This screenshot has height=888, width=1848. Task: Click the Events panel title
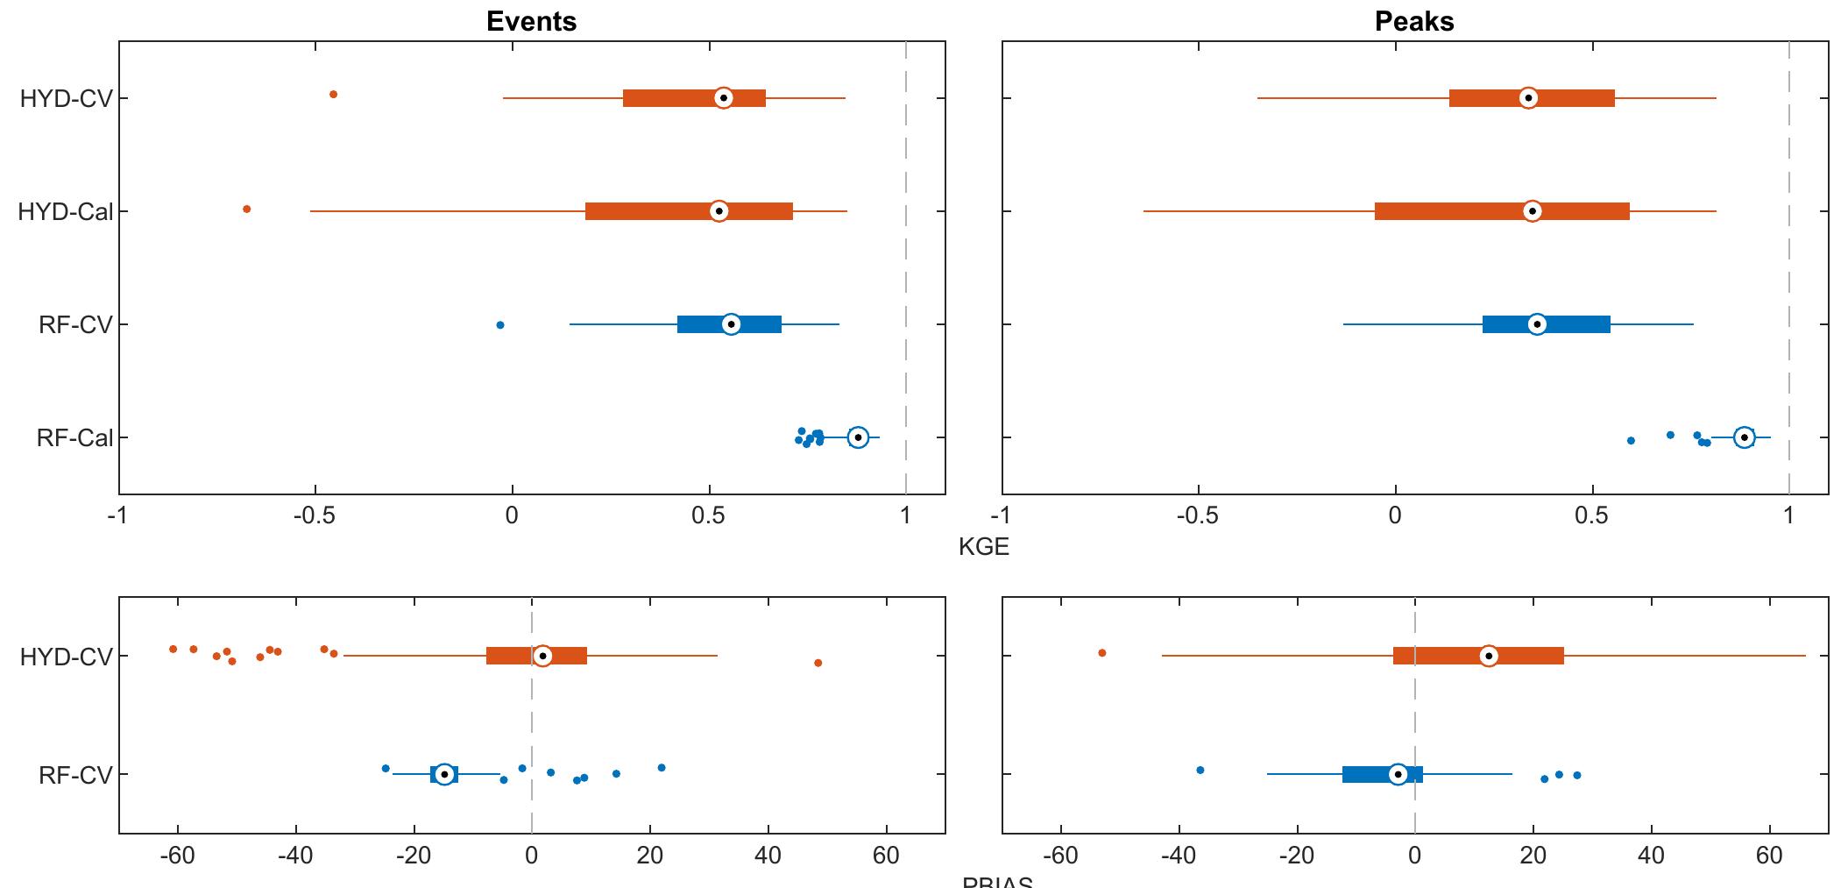[531, 21]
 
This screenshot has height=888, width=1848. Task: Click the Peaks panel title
[1414, 21]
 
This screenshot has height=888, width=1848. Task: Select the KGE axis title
[983, 547]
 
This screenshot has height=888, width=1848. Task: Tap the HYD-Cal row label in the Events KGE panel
[66, 212]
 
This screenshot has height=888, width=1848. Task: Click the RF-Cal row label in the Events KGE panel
[74, 438]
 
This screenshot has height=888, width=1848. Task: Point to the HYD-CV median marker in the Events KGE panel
[723, 98]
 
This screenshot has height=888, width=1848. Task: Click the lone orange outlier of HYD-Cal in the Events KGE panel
[246, 209]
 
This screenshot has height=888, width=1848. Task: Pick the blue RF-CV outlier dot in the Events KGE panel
[500, 325]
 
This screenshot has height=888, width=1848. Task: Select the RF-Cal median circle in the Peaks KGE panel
[1745, 437]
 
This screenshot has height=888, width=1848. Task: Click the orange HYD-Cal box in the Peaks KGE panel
[1502, 211]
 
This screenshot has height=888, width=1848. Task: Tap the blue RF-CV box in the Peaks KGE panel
[1547, 324]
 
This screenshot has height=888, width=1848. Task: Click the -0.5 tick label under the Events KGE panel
[315, 515]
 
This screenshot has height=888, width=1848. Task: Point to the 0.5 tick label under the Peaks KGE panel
[1591, 515]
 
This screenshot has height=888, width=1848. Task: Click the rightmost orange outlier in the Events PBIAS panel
[818, 663]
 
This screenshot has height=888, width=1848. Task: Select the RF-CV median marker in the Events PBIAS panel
[444, 774]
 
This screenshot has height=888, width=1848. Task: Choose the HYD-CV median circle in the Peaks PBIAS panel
[1489, 656]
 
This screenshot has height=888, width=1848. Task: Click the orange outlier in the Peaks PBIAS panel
[1102, 652]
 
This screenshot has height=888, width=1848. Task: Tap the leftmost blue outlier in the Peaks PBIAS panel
[1200, 770]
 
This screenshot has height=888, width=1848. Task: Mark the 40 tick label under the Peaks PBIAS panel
[1652, 856]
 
